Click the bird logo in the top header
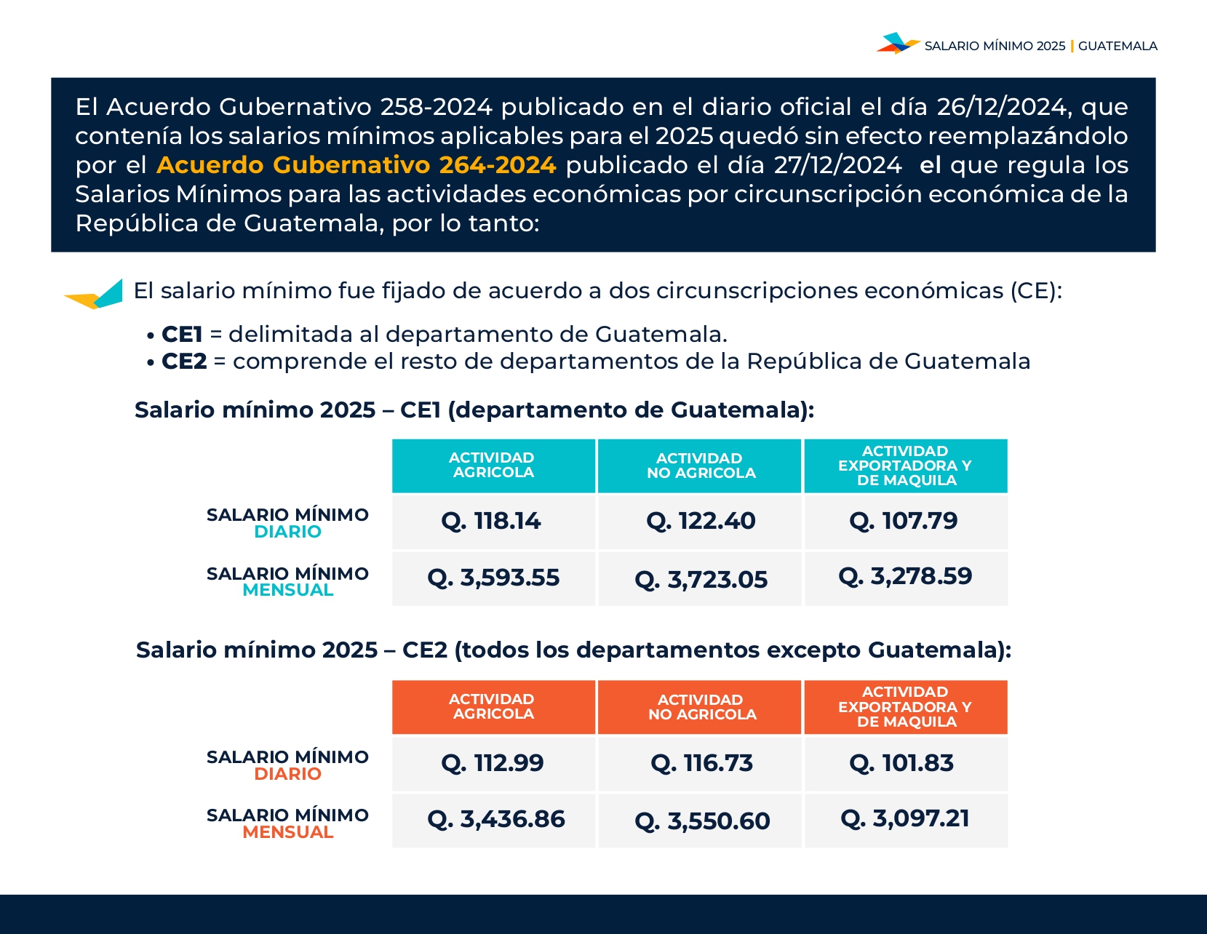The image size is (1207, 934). point(898,44)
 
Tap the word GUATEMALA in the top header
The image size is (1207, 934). point(1118,46)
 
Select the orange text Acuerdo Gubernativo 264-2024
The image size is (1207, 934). point(356,165)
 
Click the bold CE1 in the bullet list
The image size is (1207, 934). point(182,335)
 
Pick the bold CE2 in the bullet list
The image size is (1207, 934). point(184,362)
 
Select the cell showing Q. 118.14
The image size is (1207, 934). point(492,521)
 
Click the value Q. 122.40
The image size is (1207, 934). point(701,521)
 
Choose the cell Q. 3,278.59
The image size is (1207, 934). point(905,577)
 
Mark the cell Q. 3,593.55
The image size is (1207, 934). point(493,578)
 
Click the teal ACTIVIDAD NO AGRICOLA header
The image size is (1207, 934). point(701,466)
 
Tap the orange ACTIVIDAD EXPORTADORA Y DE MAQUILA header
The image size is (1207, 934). point(905,707)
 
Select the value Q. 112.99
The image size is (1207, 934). point(493,763)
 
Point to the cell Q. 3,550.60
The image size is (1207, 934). point(702,821)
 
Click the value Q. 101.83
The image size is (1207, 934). point(902,763)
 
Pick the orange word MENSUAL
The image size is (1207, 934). point(288,832)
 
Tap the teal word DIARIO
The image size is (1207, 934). point(288,532)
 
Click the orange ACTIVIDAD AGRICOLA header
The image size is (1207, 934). point(493,707)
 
